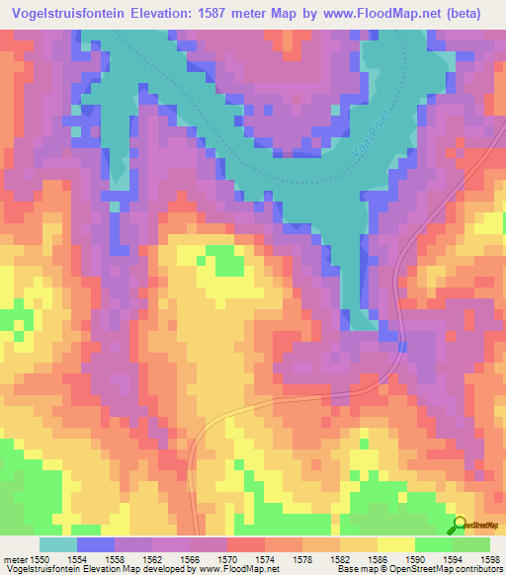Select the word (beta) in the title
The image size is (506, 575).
point(474,13)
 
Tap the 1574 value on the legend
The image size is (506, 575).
point(265,559)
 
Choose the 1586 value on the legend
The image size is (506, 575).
point(379,559)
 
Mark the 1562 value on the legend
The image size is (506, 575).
point(152,559)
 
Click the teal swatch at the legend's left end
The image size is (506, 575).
point(57,544)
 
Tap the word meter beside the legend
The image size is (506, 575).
point(14,559)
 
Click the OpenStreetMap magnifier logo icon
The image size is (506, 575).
point(459,525)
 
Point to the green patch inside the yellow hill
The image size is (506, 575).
point(225,262)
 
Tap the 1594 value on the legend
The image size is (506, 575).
point(454,559)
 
